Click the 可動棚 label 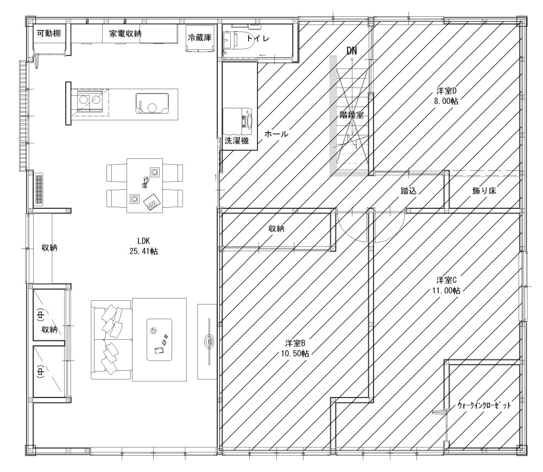[49, 33]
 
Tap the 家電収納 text [125, 34]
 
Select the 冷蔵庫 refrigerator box [199, 39]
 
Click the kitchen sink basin [152, 103]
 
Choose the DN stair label [351, 51]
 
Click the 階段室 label [351, 115]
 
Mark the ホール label [276, 134]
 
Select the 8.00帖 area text [446, 101]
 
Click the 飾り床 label [484, 191]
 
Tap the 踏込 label [408, 191]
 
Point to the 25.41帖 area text [144, 251]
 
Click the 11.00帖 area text [446, 290]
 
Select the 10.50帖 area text [295, 354]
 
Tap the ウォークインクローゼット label [484, 405]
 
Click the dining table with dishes [145, 185]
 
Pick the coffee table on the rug [159, 339]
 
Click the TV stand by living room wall [207, 341]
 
